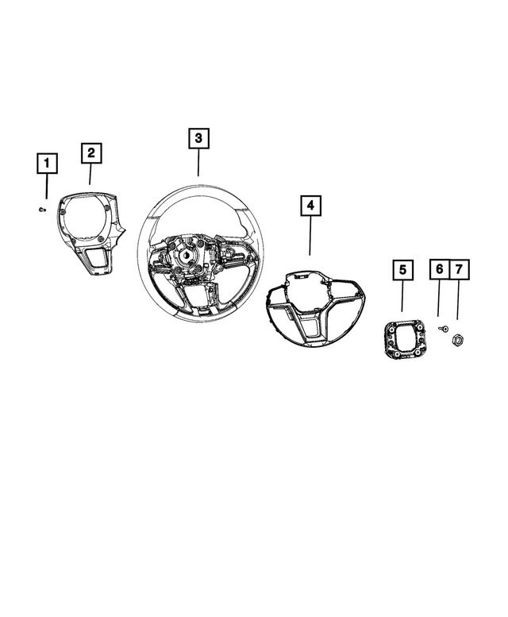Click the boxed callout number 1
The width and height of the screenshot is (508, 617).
pos(47,164)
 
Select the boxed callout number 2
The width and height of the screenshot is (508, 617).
pos(91,152)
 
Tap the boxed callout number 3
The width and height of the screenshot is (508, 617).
pos(198,139)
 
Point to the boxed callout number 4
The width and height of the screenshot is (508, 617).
pos(310,206)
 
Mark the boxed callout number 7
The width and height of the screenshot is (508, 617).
pos(458,271)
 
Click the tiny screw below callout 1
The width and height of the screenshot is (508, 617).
pos(43,209)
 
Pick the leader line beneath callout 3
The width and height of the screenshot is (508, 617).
pos(198,164)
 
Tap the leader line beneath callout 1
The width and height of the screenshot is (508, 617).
pos(47,187)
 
